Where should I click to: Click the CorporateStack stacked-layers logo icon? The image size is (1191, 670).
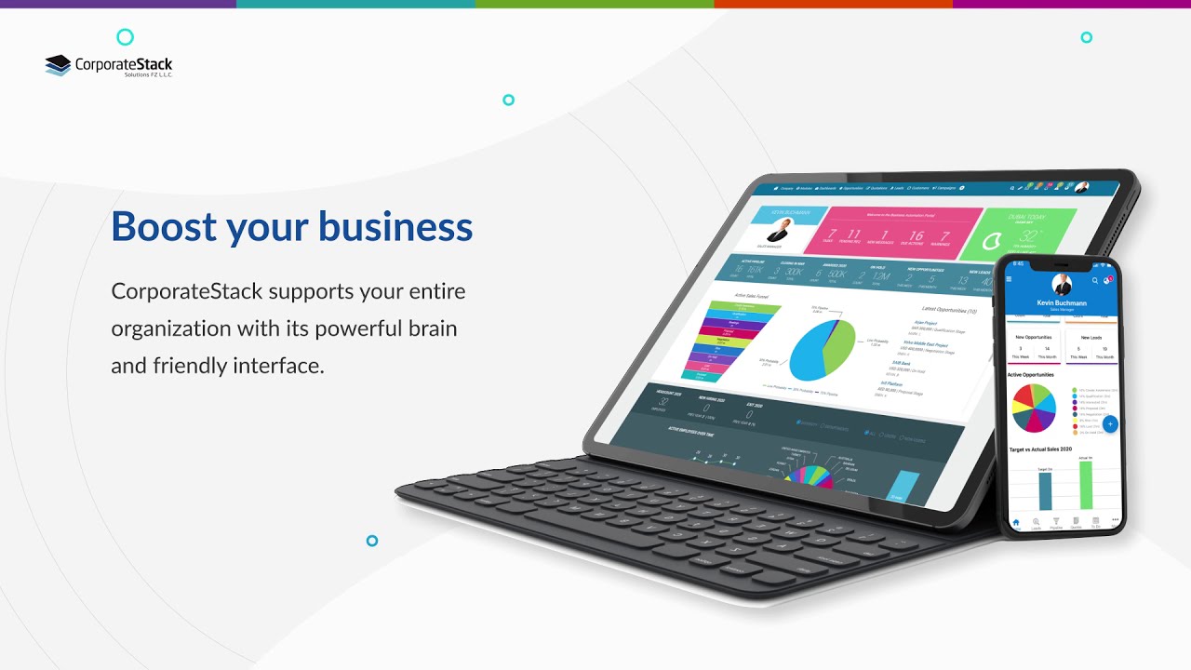[58, 65]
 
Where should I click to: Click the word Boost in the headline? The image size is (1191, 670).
[164, 226]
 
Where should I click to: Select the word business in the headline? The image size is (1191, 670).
[395, 226]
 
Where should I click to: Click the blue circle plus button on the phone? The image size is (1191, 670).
[1109, 423]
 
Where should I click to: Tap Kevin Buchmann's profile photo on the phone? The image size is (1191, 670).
[1062, 285]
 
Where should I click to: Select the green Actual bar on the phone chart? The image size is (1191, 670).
[1085, 484]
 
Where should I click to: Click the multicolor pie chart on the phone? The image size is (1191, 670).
[1035, 408]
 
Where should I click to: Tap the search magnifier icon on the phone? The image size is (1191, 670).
[1095, 280]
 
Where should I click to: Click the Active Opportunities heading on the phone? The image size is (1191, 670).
[1031, 374]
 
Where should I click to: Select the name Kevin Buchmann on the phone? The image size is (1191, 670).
[1061, 302]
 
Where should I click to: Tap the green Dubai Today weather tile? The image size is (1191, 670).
[1018, 234]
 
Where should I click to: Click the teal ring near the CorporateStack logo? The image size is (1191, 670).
[125, 37]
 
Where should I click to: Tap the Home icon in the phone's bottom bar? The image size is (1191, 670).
[1015, 522]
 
